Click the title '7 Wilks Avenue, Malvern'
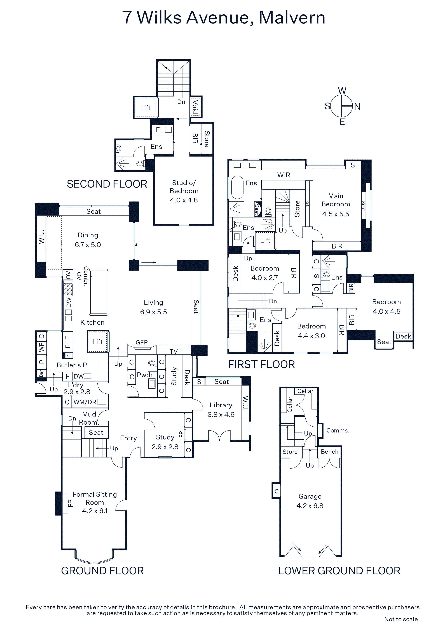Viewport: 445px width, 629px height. (x=223, y=18)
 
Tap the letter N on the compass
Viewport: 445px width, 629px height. (x=357, y=107)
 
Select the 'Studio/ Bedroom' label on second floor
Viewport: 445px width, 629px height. (x=184, y=187)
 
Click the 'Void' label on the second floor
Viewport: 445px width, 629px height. (x=195, y=107)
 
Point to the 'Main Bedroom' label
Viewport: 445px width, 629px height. (x=336, y=200)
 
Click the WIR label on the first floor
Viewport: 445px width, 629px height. (x=284, y=175)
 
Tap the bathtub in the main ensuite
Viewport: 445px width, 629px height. (x=237, y=187)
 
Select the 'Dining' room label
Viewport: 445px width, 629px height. (x=88, y=235)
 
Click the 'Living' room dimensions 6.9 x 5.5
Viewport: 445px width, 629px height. (x=154, y=312)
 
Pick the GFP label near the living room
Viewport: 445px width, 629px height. (x=141, y=342)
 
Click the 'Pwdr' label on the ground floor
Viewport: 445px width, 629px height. (x=145, y=375)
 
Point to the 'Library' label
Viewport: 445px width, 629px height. (x=221, y=405)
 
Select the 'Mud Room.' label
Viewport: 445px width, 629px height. (x=89, y=418)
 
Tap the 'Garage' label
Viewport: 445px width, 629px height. (x=310, y=496)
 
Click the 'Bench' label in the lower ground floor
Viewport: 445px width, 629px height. (x=329, y=452)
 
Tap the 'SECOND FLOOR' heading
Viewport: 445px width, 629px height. (x=107, y=184)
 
